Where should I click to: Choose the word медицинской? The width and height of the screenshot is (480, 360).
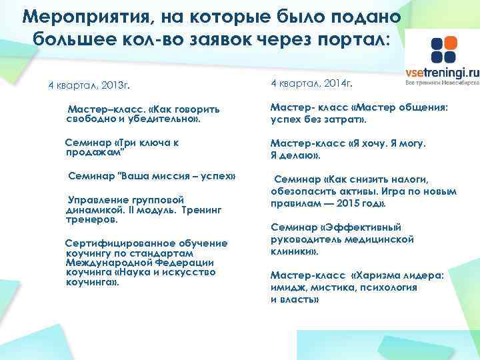379,239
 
